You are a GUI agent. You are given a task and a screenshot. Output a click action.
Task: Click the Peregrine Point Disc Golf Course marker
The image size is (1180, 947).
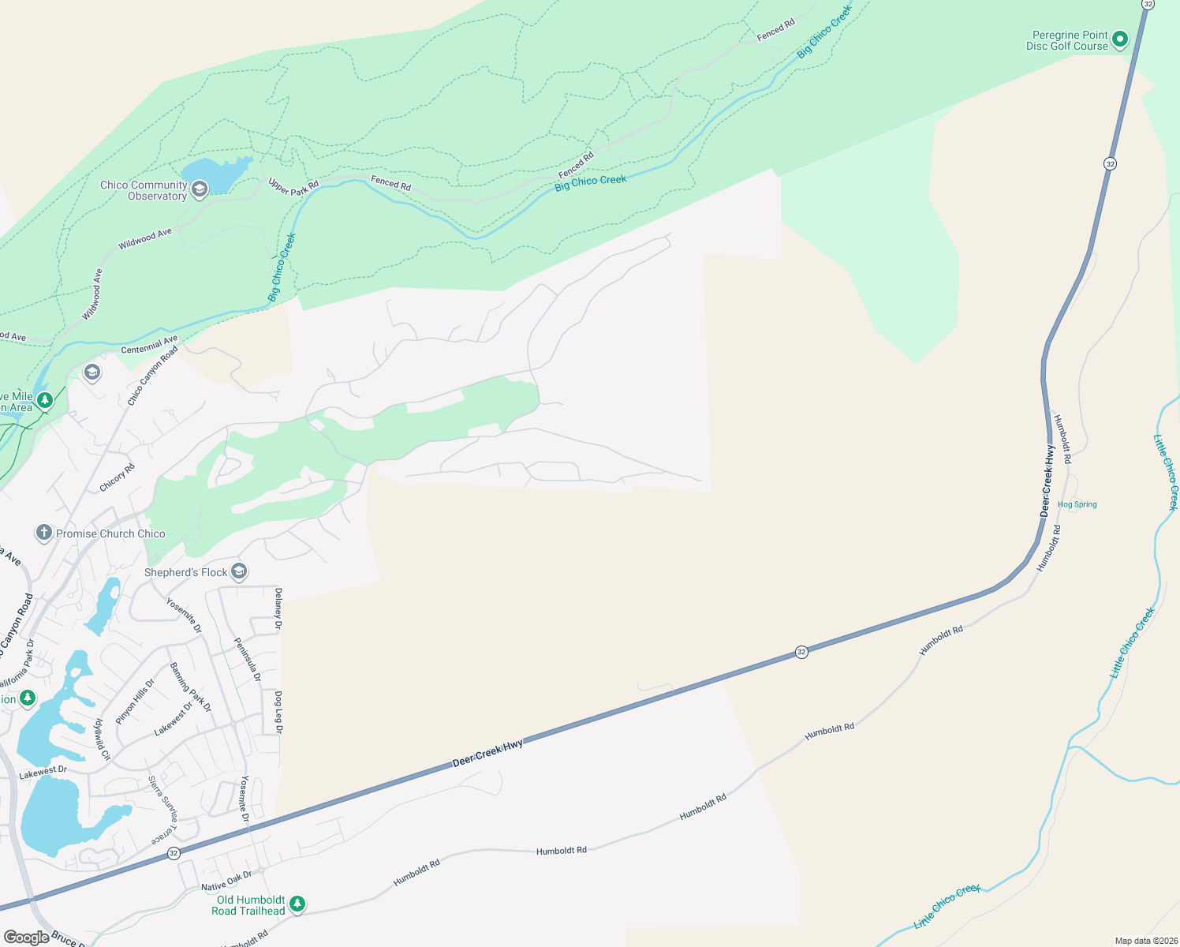[x=1119, y=39]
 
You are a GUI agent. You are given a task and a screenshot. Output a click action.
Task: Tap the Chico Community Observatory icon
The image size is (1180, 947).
[x=200, y=189]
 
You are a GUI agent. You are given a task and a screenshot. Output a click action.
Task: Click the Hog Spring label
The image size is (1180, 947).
[x=1077, y=504]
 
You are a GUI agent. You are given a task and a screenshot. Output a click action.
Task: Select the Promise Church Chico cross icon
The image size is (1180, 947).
[x=44, y=533]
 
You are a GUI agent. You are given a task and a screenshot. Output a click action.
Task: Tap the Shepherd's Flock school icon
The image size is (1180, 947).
[x=240, y=571]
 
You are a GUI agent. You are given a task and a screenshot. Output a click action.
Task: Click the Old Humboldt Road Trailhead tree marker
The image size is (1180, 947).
[x=297, y=904]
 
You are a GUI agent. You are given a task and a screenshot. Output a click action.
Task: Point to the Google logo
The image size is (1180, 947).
[x=26, y=937]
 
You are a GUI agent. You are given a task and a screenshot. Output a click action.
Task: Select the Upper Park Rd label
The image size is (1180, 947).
[x=293, y=187]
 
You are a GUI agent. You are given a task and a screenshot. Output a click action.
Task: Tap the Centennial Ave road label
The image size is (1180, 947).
[x=149, y=345]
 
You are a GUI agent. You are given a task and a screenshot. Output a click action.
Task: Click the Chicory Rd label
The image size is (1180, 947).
[x=118, y=477]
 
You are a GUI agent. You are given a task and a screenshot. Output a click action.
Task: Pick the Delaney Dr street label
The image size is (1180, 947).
[x=278, y=608]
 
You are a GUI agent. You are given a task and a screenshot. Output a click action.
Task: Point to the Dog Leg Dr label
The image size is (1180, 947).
[x=278, y=712]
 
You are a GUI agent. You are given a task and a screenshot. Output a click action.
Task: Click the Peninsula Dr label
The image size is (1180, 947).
[x=248, y=659]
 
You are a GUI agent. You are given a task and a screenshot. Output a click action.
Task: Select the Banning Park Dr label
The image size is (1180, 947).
[x=191, y=687]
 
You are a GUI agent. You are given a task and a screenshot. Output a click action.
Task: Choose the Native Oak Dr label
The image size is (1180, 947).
[x=226, y=881]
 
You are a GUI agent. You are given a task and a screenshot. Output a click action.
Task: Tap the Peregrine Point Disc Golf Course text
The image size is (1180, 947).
[x=1069, y=40]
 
